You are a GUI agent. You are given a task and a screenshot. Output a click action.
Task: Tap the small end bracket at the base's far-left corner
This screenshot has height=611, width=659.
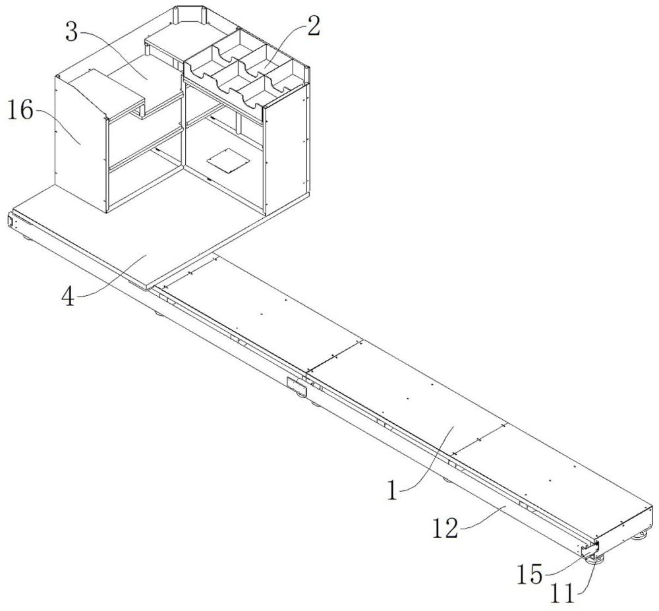click(11, 221)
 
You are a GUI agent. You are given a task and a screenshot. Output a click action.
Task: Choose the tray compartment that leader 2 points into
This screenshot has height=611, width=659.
click(264, 67)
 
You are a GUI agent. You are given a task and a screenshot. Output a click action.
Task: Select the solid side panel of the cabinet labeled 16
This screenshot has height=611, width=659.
click(79, 138)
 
